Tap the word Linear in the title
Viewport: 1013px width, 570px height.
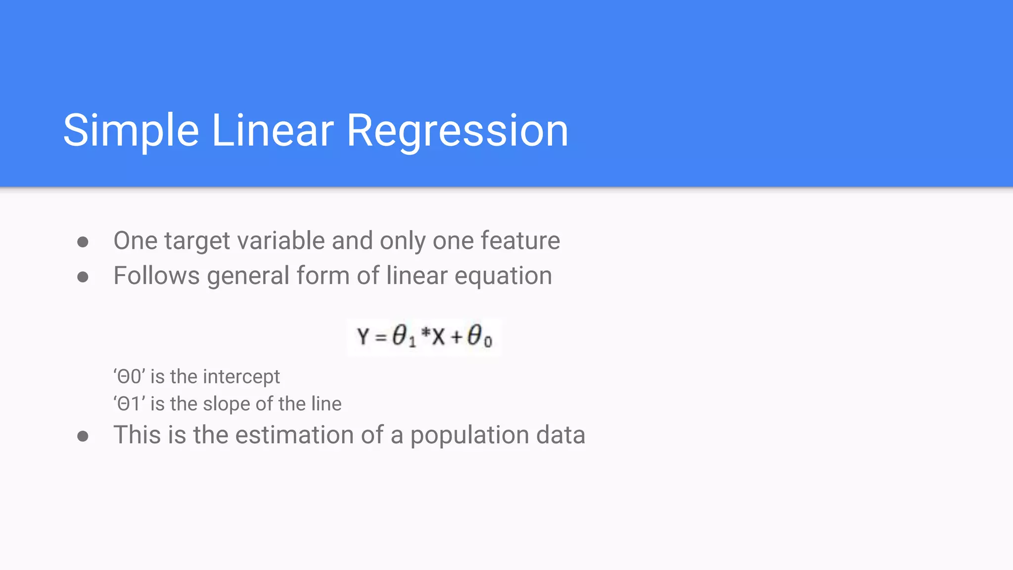click(273, 131)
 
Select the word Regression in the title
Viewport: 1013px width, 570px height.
click(457, 131)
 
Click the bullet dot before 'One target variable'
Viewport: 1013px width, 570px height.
click(83, 242)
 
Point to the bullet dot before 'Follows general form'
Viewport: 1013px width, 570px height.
click(83, 277)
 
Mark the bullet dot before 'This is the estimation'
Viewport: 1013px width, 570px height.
click(83, 436)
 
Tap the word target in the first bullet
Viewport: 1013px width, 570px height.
click(197, 241)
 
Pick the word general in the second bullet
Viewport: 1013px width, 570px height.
click(248, 276)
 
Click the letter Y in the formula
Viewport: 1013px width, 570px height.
click(363, 337)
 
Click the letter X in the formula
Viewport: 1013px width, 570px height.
click(438, 337)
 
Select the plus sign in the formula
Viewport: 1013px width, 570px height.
click(457, 337)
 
